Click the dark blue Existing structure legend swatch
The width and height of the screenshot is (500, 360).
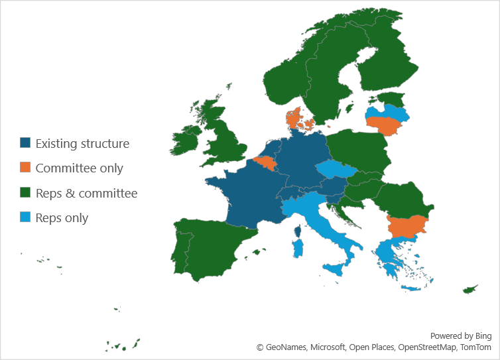(25, 143)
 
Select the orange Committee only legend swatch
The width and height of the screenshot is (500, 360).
(25, 168)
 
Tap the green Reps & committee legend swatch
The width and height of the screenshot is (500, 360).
(25, 193)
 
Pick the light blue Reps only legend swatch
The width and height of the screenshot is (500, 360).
(25, 217)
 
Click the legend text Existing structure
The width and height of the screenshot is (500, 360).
(82, 143)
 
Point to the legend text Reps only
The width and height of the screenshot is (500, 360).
(62, 217)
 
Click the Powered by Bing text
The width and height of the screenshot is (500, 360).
(460, 336)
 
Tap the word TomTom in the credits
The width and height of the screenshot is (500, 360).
(475, 347)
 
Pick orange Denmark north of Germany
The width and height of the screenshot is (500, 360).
(294, 120)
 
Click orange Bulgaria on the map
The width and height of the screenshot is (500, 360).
(407, 226)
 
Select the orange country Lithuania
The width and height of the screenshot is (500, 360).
(385, 125)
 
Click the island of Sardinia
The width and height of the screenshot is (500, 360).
(298, 249)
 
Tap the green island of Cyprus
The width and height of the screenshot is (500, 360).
(470, 290)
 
